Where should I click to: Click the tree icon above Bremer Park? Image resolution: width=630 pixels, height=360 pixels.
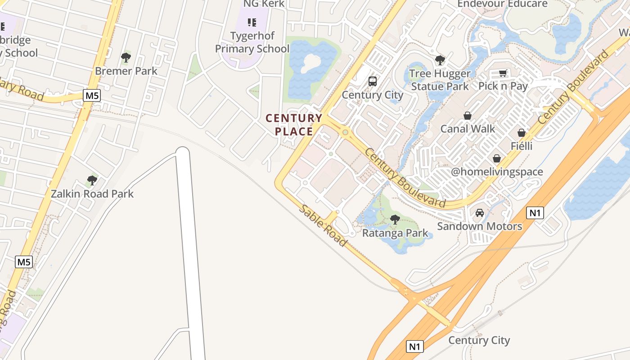coord(126,58)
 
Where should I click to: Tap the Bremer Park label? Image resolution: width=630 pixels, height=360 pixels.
coord(126,71)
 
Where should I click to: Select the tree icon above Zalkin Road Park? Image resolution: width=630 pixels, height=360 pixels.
coord(92,180)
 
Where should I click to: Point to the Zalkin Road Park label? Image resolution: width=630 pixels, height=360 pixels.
coord(92,194)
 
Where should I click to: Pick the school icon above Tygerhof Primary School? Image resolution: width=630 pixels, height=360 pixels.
coord(252,22)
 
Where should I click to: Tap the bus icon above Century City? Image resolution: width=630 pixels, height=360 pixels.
coord(373,81)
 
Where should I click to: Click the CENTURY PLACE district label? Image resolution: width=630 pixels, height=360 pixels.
coord(294,125)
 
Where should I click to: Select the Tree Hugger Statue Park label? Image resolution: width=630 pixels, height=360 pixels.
coord(440,80)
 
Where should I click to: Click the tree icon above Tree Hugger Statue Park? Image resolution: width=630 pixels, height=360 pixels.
coord(440,60)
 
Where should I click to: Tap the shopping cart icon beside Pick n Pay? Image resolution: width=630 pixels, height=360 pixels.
coord(503,73)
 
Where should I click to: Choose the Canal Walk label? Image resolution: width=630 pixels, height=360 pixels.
coord(468,129)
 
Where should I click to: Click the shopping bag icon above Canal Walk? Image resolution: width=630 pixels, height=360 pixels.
coord(468,116)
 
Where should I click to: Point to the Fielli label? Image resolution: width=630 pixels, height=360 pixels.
coord(521,146)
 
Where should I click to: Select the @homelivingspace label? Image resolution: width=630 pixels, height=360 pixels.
coord(497,172)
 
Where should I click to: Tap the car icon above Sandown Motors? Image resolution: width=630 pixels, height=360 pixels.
coord(480,213)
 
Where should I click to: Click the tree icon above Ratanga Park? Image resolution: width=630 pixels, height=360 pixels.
coord(395,220)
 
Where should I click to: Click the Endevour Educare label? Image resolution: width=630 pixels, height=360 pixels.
coord(502,4)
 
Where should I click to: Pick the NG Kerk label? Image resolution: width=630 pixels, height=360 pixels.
coord(264,4)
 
